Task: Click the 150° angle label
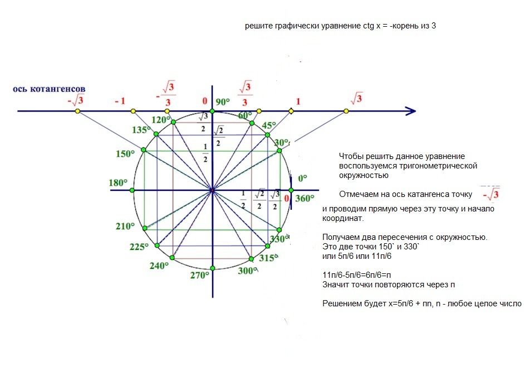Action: point(125,154)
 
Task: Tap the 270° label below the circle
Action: point(199,274)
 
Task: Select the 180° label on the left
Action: point(119,182)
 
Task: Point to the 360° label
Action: point(305,199)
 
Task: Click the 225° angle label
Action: point(139,247)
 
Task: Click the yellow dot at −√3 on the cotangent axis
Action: point(77,112)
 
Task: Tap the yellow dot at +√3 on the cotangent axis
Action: point(346,112)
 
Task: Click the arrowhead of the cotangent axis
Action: point(411,112)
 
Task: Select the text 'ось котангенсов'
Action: point(49,89)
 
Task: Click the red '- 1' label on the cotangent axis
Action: point(119,101)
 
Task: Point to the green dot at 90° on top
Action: point(212,112)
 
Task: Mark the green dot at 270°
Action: point(212,269)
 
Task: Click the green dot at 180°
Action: point(133,190)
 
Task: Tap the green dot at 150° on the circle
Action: point(144,150)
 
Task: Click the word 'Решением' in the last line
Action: point(339,304)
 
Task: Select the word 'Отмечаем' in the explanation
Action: point(356,195)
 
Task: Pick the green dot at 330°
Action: point(280,230)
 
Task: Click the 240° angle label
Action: point(159,266)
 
